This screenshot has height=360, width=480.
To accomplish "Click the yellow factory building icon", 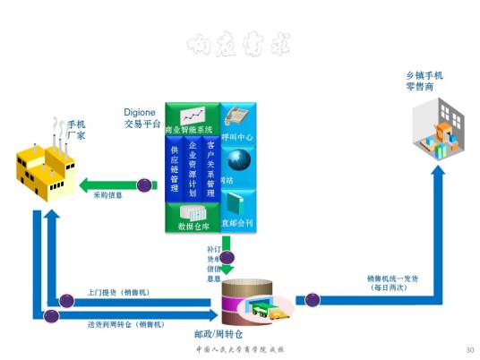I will click(x=47, y=165).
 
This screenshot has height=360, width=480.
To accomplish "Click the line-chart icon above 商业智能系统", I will click(x=193, y=116).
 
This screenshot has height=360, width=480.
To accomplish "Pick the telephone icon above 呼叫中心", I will click(x=237, y=116).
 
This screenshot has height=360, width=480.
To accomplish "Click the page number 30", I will click(x=470, y=348).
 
